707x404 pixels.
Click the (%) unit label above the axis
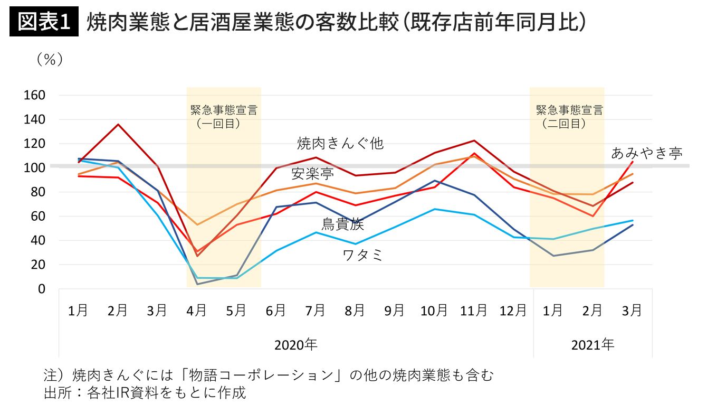(x=50, y=60)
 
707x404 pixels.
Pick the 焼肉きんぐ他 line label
(x=340, y=143)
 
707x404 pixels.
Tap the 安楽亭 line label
(x=312, y=174)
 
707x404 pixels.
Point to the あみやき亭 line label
(x=646, y=153)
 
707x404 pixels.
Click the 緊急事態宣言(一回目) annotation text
(x=224, y=117)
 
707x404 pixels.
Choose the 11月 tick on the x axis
(x=473, y=311)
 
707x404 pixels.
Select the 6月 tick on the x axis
(x=275, y=311)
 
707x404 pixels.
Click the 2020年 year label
(x=295, y=345)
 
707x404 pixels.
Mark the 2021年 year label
(x=593, y=345)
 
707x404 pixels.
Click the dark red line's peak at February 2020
(x=118, y=125)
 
